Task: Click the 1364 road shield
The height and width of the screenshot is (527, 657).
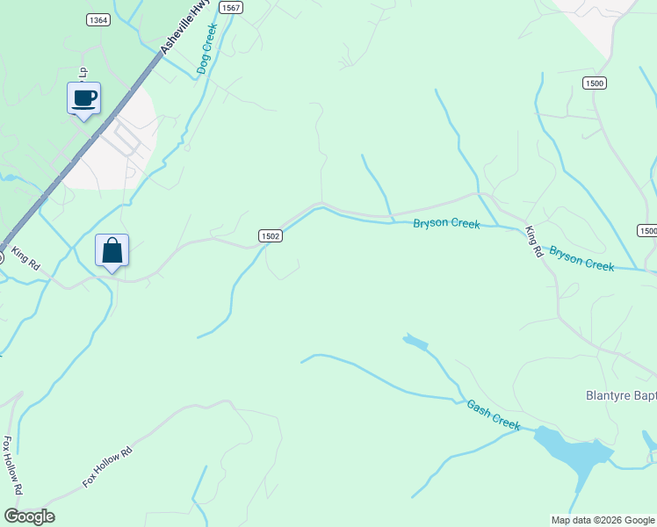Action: (98, 19)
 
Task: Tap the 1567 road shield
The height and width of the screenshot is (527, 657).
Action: (231, 7)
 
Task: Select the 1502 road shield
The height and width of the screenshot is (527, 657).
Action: (271, 235)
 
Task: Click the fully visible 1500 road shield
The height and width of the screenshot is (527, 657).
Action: (594, 83)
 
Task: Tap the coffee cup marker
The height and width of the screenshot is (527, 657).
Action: (84, 98)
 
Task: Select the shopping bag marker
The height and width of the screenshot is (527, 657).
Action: (112, 250)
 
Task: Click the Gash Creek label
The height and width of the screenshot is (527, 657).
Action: (493, 415)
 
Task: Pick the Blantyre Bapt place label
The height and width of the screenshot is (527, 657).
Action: (620, 395)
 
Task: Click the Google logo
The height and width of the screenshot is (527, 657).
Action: (29, 516)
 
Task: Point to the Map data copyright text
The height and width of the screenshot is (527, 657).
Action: (603, 520)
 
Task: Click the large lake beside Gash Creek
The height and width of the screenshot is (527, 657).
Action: (572, 452)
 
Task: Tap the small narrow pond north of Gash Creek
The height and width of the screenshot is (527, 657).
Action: (415, 342)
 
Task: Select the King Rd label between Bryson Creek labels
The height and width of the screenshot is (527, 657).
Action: (532, 242)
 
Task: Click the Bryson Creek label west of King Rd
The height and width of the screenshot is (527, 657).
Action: (446, 224)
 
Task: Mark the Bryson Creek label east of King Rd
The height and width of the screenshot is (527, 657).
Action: (581, 258)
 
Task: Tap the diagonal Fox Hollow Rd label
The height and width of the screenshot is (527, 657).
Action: (106, 466)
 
